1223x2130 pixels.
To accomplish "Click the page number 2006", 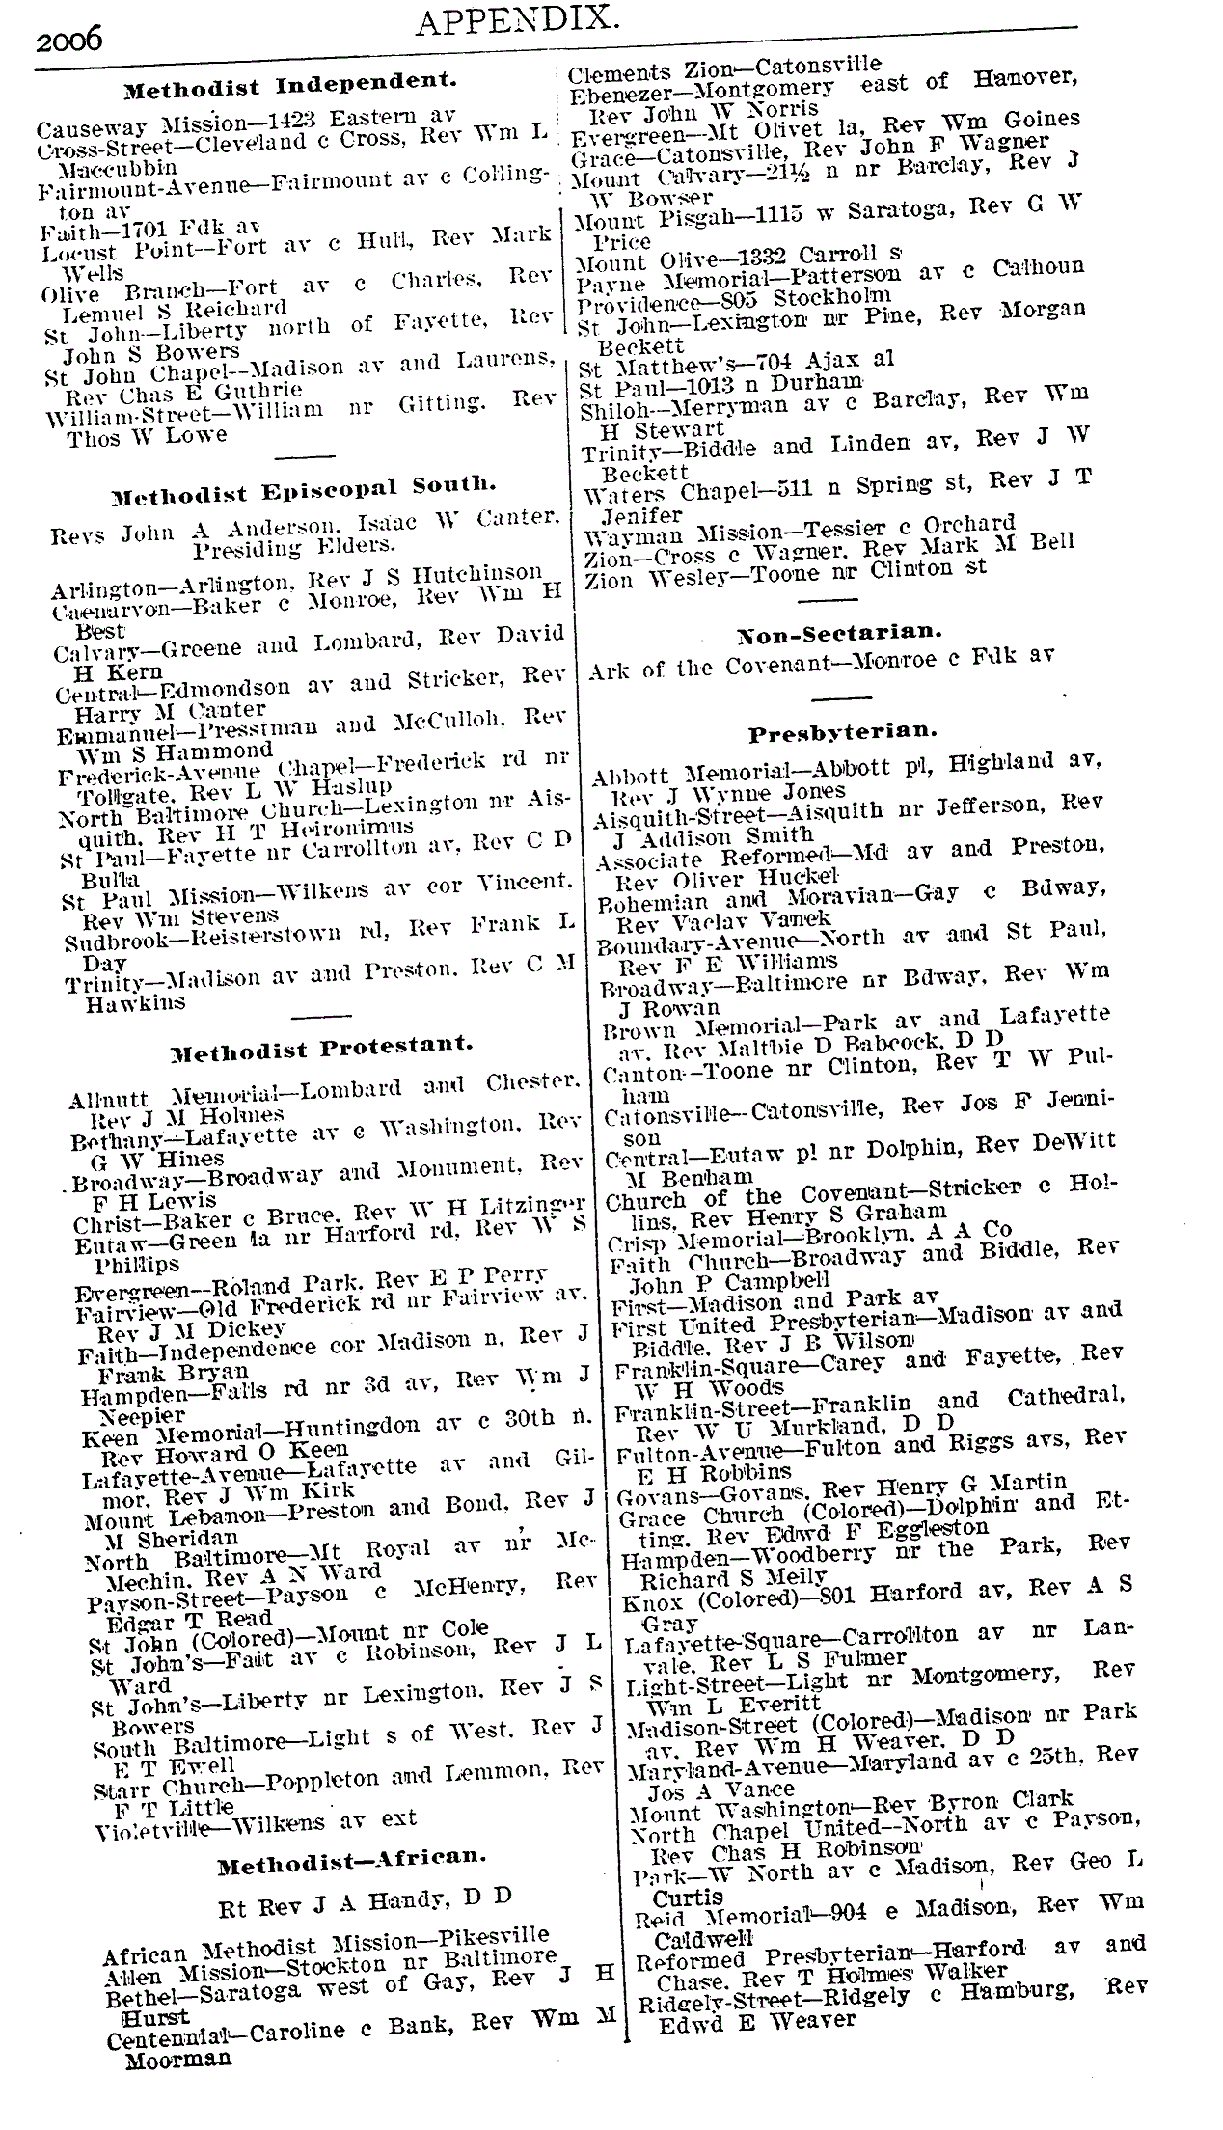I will pyautogui.click(x=68, y=40).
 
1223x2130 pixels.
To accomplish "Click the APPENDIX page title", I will pyautogui.click(x=516, y=18).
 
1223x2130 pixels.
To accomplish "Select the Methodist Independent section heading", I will pyautogui.click(x=289, y=85).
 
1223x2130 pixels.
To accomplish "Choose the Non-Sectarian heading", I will pyautogui.click(x=839, y=633).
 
